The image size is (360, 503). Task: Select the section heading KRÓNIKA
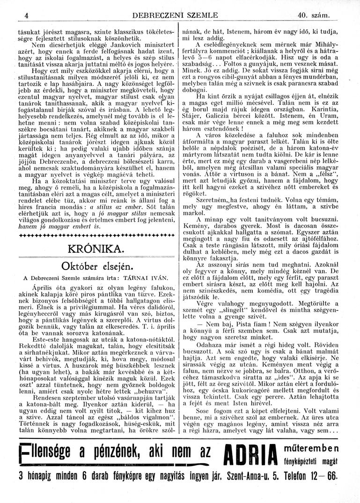tap(96, 247)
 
